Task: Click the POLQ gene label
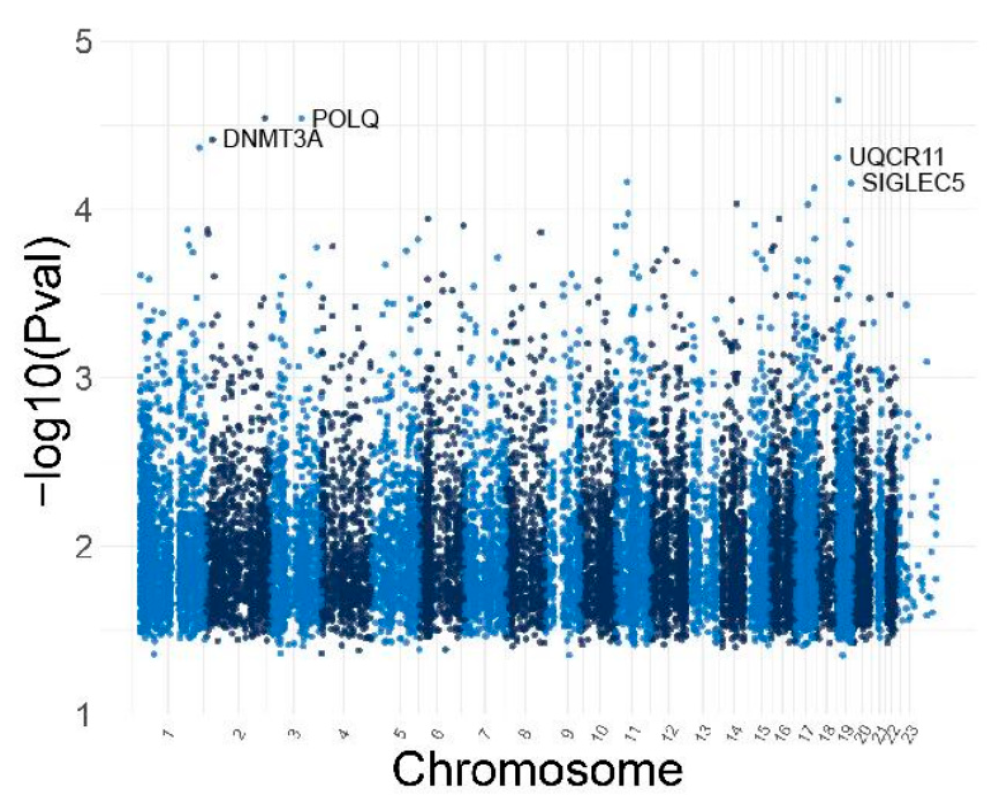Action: tap(346, 119)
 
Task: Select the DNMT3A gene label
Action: tap(273, 140)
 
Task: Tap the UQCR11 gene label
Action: tap(896, 157)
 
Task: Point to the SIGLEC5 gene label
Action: tap(913, 183)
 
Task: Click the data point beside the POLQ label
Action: tap(301, 118)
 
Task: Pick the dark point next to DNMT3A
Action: tap(213, 140)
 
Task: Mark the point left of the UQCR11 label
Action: tap(838, 158)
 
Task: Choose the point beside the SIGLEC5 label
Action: tap(851, 183)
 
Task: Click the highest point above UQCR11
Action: tap(838, 100)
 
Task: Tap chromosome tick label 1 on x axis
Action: tap(168, 733)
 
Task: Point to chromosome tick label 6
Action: tap(438, 733)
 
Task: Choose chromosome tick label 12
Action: tap(670, 733)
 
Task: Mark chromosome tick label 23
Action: tap(911, 733)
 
